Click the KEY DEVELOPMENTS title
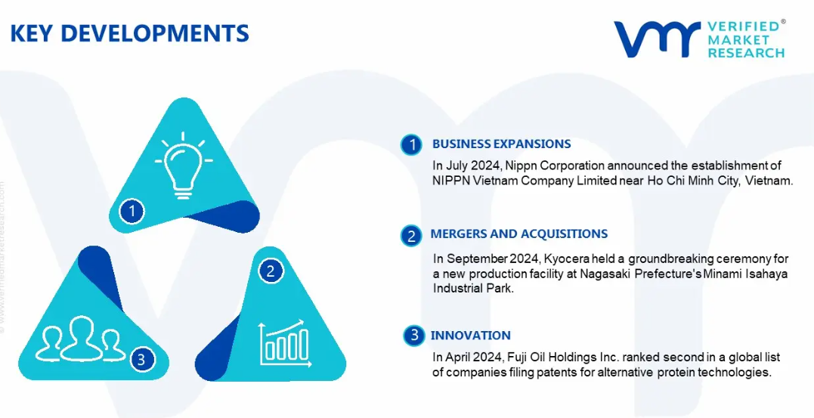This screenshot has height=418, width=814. click(x=129, y=33)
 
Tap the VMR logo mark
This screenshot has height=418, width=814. click(x=658, y=39)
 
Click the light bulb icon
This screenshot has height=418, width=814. click(x=183, y=165)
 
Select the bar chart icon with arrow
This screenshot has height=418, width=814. click(x=284, y=344)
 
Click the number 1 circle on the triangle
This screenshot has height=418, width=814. click(x=132, y=212)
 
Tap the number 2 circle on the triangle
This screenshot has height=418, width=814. click(x=270, y=271)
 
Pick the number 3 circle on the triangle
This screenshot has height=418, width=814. click(x=143, y=359)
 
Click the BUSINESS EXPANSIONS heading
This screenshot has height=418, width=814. click(x=502, y=144)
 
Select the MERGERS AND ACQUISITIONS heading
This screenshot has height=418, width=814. click(x=519, y=234)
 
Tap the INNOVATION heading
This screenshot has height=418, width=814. click(x=470, y=336)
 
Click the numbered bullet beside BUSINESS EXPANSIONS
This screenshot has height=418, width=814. click(x=412, y=145)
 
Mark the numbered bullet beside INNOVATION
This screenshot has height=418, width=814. click(x=413, y=336)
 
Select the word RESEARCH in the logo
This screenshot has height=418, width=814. click(x=747, y=52)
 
